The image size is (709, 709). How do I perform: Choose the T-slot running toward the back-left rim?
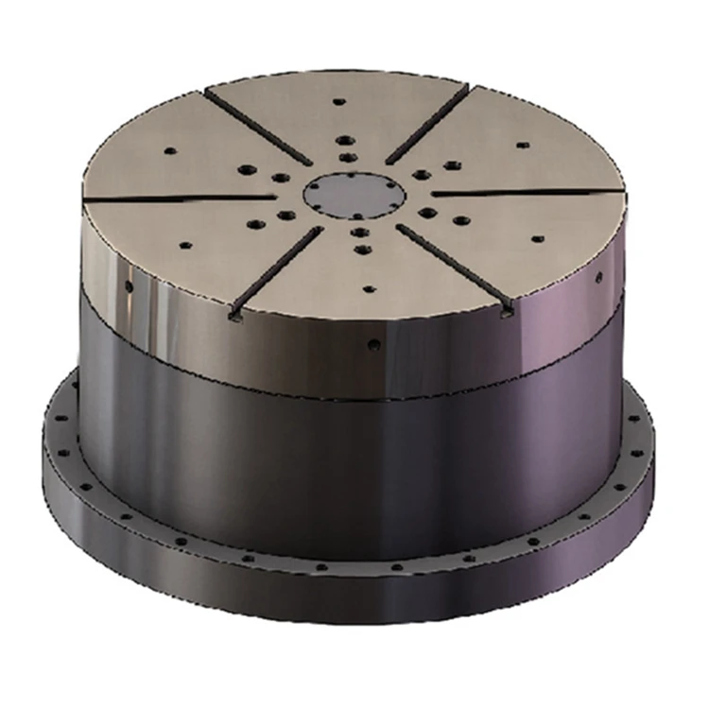pyautogui.click(x=251, y=132)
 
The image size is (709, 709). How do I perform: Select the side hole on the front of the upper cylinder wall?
pyautogui.click(x=375, y=346)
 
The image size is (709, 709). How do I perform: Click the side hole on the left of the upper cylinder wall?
pyautogui.click(x=128, y=285)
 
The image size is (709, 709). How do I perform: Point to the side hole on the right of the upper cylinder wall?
pyautogui.click(x=597, y=280)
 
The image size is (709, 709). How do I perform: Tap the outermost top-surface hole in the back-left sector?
pyautogui.click(x=170, y=149)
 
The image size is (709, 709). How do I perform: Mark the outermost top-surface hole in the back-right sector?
pyautogui.click(x=519, y=145)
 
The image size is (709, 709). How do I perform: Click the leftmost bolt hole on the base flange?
pyautogui.click(x=55, y=429)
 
